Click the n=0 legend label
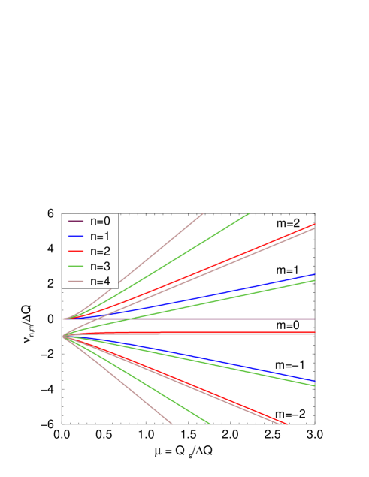coord(100,221)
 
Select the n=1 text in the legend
coord(100,236)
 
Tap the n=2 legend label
coord(100,251)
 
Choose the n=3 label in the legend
coord(100,266)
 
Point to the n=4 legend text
coord(100,281)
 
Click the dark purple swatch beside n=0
coord(75,221)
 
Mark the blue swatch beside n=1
coord(75,236)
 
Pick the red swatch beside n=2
coord(75,251)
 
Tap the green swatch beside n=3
coord(75,266)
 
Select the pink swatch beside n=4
coord(75,281)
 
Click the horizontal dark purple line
coord(225,319)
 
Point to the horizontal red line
coord(225,333)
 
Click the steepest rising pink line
coord(173,237)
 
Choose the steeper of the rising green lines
coord(210,237)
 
